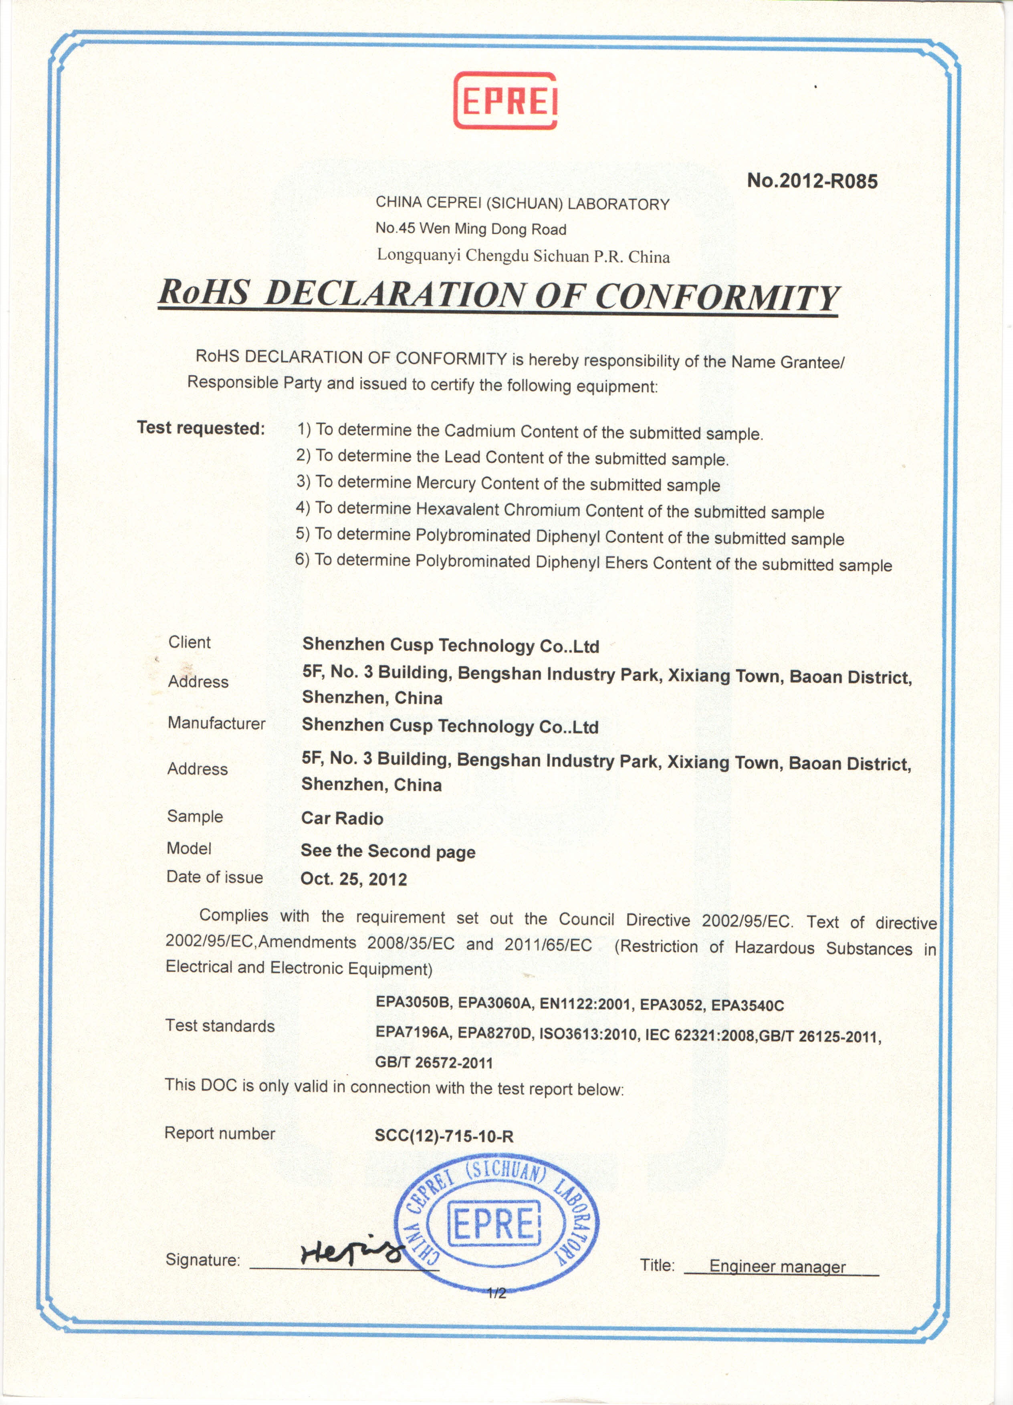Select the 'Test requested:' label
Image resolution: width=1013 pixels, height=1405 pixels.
[201, 428]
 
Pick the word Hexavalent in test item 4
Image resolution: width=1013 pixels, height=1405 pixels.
[457, 509]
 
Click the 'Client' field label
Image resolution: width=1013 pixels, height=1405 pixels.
[189, 642]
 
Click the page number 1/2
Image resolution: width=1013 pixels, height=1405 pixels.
[496, 1294]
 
